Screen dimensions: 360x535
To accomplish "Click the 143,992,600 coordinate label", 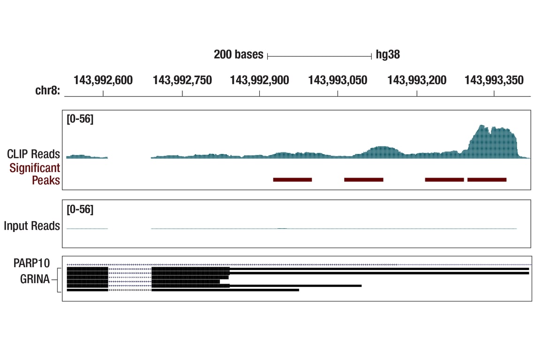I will click(x=103, y=81).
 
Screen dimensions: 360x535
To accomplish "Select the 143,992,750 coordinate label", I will click(x=182, y=81).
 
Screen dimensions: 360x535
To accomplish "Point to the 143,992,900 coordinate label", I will click(x=259, y=81).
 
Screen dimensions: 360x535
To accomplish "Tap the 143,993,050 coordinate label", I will click(x=338, y=81).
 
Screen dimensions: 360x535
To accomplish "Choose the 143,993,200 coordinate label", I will click(x=417, y=81).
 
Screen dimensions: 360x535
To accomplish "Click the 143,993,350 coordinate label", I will click(x=494, y=81).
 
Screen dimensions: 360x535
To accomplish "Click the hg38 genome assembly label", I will click(x=388, y=55).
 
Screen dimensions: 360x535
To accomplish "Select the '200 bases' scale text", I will click(x=239, y=55).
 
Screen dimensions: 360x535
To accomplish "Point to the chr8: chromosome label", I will click(x=48, y=90).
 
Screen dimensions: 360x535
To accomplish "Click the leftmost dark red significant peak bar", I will click(x=293, y=180).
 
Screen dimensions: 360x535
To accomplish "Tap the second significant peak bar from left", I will click(x=364, y=180).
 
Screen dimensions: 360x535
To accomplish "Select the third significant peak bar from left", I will click(x=445, y=180).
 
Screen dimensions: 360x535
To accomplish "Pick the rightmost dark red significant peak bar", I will click(x=487, y=180).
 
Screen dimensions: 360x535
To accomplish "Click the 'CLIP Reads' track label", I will click(x=33, y=154).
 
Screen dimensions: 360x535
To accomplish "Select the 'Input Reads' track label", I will click(x=32, y=226).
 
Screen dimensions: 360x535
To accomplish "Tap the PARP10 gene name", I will click(x=31, y=263).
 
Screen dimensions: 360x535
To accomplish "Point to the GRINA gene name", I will click(x=35, y=280).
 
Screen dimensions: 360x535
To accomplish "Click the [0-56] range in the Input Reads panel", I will click(x=80, y=210).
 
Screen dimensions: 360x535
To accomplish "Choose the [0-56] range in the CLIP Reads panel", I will click(x=80, y=119).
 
